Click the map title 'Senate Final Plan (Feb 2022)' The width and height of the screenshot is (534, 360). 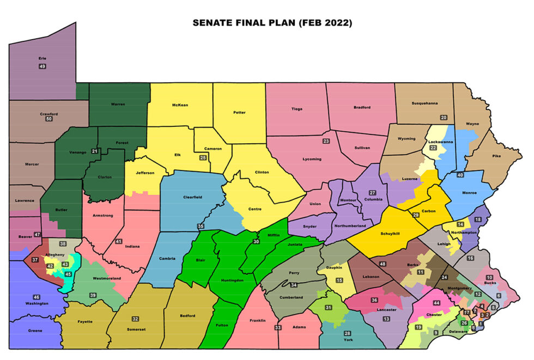pyautogui.click(x=272, y=23)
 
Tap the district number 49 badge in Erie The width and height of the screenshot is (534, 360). pyautogui.click(x=42, y=66)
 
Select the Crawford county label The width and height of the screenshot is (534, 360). pyautogui.click(x=48, y=114)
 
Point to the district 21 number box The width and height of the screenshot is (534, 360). pyautogui.click(x=95, y=151)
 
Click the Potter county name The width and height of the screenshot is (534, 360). pyautogui.click(x=239, y=113)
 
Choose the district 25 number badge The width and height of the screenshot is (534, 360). pyautogui.click(x=203, y=158)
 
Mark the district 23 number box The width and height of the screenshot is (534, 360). pyautogui.click(x=326, y=142)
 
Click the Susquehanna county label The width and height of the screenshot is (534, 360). pyautogui.click(x=424, y=102)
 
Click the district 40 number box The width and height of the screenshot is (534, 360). pyautogui.click(x=460, y=175)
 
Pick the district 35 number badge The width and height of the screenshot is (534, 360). pyautogui.click(x=201, y=226)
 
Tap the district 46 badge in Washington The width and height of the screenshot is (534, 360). pyautogui.click(x=37, y=297)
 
